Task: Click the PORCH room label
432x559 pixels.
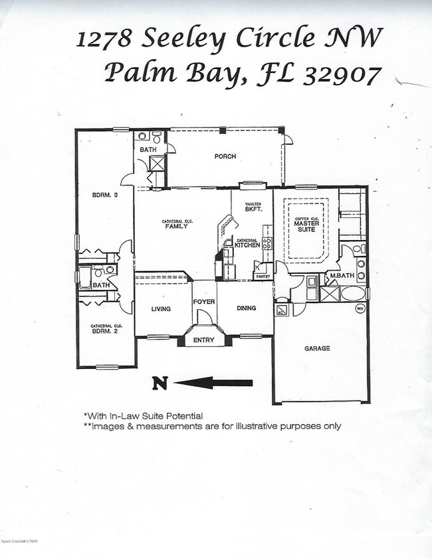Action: pyautogui.click(x=225, y=157)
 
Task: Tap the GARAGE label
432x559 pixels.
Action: pyautogui.click(x=317, y=348)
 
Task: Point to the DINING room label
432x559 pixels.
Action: pyautogui.click(x=246, y=308)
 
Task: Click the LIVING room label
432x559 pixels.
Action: pyautogui.click(x=160, y=309)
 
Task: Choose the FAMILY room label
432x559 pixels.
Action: pyautogui.click(x=176, y=226)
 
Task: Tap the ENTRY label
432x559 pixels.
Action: pyautogui.click(x=203, y=341)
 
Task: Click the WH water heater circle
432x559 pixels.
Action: pyautogui.click(x=360, y=308)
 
